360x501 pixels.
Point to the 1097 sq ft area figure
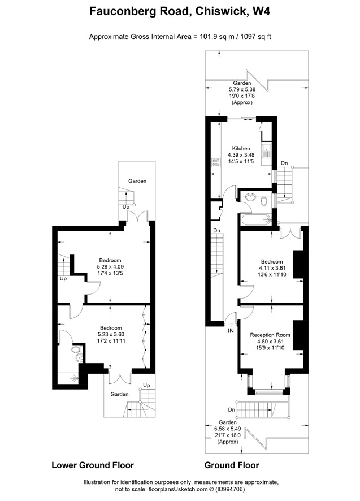click(x=254, y=37)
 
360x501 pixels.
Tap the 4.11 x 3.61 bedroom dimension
click(x=271, y=268)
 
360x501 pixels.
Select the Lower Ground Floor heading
click(x=93, y=465)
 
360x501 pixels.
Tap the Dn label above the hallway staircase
click(x=216, y=230)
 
